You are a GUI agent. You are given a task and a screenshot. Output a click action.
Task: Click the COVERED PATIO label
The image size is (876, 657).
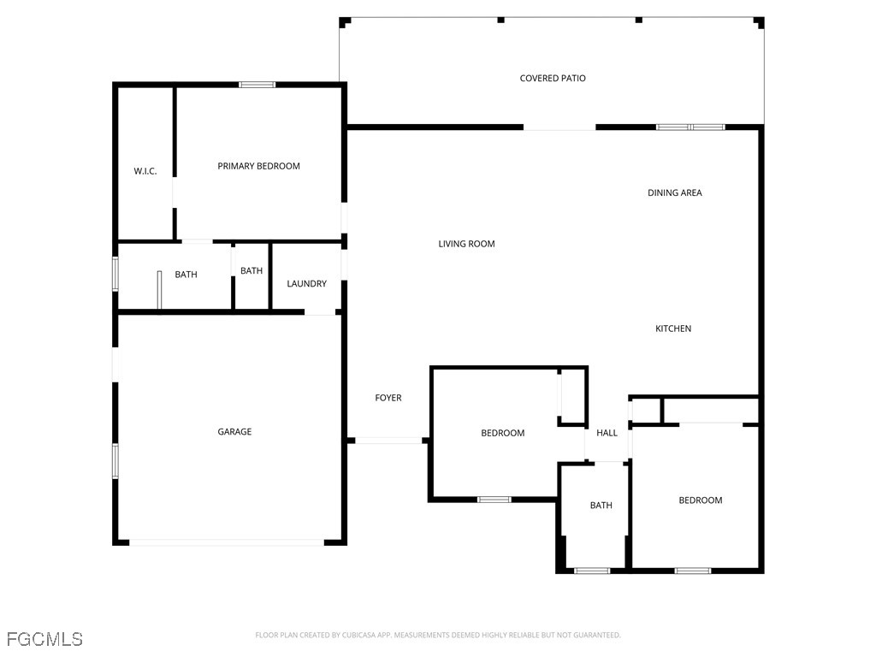(553, 79)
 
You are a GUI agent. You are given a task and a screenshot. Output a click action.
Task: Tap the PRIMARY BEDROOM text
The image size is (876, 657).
(258, 166)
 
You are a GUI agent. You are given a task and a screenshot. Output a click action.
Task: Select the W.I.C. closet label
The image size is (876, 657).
(145, 171)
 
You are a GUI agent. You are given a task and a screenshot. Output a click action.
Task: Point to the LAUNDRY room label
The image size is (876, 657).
(306, 284)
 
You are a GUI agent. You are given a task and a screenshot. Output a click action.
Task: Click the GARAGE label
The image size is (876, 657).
(234, 432)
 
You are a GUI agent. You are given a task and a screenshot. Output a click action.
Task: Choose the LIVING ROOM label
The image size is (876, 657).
(466, 244)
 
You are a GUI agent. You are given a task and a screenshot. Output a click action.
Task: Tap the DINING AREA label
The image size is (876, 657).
(674, 193)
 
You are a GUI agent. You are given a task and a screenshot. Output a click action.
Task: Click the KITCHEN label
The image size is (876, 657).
(673, 328)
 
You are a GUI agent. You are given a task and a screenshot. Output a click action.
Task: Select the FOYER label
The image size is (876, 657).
(388, 398)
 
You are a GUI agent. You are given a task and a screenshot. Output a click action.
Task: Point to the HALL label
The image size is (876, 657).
(607, 433)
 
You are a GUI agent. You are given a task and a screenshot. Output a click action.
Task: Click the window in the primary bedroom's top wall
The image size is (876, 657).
(257, 85)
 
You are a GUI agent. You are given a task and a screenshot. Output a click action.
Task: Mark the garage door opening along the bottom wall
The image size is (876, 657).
(227, 542)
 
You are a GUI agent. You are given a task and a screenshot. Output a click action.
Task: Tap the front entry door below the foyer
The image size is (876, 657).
(388, 441)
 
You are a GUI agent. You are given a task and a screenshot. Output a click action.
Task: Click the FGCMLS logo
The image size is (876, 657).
(44, 639)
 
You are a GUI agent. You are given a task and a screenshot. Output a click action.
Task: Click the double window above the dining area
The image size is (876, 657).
(690, 127)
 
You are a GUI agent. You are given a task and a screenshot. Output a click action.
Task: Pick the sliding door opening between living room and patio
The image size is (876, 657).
(559, 128)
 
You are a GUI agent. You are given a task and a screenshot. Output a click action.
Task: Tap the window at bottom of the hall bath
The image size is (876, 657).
(592, 571)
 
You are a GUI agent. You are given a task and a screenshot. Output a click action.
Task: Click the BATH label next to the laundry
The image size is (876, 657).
(252, 271)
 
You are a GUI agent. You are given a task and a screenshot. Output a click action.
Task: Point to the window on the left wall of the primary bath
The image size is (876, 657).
(115, 275)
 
